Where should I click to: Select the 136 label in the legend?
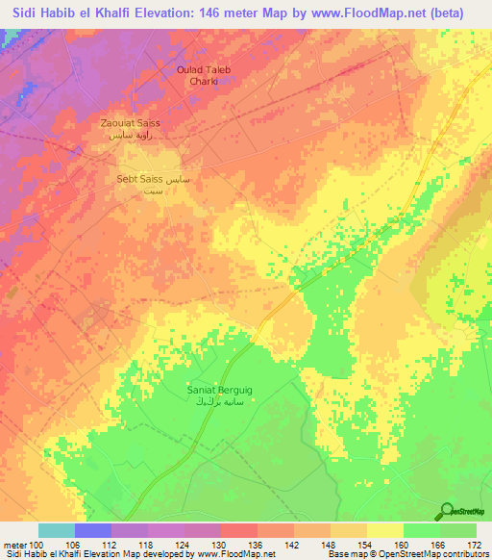coord(258,544)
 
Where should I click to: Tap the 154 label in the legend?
coord(367,544)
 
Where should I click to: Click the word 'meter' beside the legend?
coord(13,544)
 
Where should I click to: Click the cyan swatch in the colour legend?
coord(57,530)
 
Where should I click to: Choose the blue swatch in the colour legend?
coord(93,530)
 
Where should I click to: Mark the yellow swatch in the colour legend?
coord(385,530)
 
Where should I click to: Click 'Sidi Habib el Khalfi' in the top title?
coord(76,13)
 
